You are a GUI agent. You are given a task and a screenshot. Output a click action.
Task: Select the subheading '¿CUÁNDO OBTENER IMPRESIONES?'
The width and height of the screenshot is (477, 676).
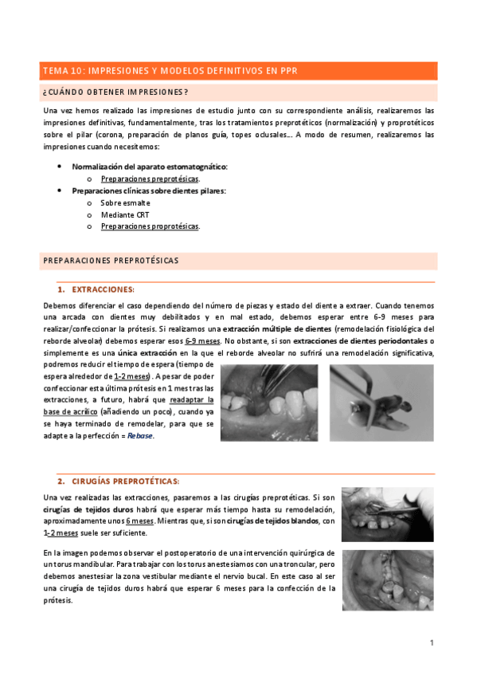click(115, 92)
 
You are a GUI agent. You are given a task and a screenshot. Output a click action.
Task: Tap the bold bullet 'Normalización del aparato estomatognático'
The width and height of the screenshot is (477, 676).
click(150, 167)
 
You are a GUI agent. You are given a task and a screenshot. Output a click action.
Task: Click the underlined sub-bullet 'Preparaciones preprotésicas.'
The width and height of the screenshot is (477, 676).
click(150, 179)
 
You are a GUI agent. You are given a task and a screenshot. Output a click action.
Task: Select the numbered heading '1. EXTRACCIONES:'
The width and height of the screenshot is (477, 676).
click(96, 289)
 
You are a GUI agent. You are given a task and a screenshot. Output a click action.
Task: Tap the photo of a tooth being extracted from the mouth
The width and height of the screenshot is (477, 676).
click(268, 402)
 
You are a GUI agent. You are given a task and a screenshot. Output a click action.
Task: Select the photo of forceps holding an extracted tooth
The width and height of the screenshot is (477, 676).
click(381, 402)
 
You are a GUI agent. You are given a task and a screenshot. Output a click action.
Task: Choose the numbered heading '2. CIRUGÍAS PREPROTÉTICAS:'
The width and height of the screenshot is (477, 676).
click(118, 481)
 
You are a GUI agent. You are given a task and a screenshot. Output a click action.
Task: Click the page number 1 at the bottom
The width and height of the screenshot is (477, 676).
click(431, 643)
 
